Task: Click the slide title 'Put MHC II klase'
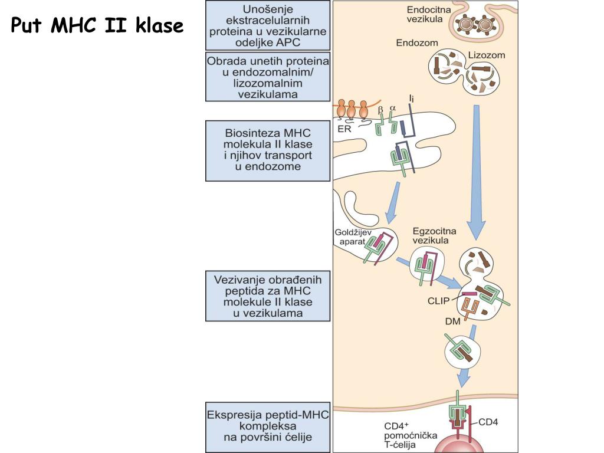pos(97,26)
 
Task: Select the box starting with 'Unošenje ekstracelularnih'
pos(267,25)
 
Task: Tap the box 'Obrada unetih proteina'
pos(267,77)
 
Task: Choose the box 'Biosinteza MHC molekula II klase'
pos(267,150)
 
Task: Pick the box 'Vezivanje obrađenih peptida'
pos(267,296)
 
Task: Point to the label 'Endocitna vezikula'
pos(424,14)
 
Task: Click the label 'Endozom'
pos(413,43)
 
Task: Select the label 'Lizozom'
pos(487,56)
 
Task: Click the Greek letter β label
pos(380,109)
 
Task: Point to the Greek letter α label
pos(393,109)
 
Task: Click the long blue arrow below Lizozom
pos(475,171)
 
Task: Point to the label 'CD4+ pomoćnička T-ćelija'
pos(411,435)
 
